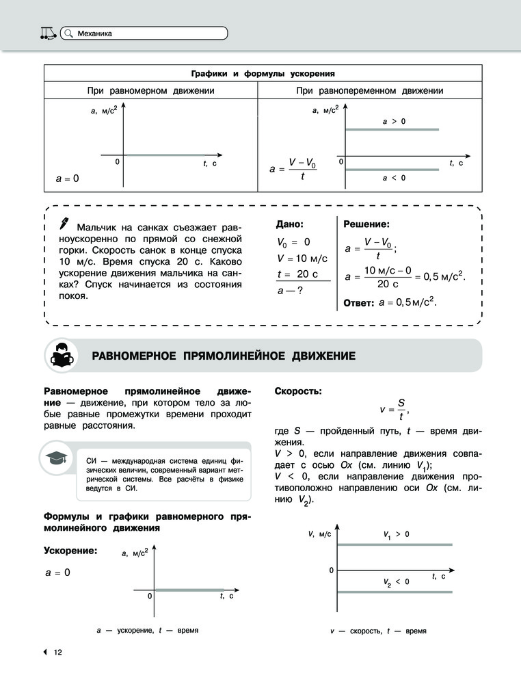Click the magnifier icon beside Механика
click(68, 33)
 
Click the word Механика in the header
click(95, 33)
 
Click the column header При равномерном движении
click(151, 90)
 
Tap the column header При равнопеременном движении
click(370, 90)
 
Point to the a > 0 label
click(394, 121)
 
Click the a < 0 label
click(394, 177)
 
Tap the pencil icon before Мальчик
click(65, 223)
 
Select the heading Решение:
click(366, 224)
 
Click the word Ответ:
click(358, 302)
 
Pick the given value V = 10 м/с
click(302, 258)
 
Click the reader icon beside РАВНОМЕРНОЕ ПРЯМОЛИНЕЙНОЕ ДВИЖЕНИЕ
click(61, 356)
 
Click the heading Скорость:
click(298, 391)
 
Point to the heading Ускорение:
click(70, 551)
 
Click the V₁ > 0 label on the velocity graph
click(396, 534)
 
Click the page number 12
click(58, 652)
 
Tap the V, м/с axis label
click(319, 534)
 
